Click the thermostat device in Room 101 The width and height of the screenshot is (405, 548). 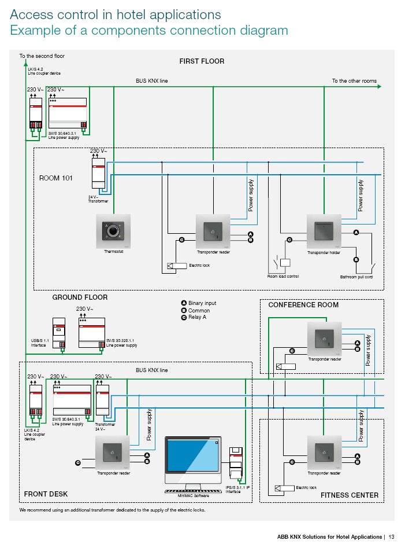tap(113, 231)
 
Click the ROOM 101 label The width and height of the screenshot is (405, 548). tap(56, 178)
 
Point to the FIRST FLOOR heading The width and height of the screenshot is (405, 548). tap(202, 61)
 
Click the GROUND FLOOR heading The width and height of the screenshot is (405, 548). tap(80, 297)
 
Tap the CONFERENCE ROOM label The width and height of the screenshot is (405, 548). tap(303, 305)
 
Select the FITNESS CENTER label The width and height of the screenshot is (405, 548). tap(350, 495)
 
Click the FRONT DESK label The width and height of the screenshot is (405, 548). tap(46, 494)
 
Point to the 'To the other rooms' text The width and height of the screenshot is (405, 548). tap(354, 81)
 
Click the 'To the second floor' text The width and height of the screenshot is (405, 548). tap(42, 56)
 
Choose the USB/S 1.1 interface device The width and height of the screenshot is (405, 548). tap(60, 333)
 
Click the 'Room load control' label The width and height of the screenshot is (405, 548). tap(283, 277)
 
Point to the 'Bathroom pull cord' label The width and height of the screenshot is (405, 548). tap(356, 277)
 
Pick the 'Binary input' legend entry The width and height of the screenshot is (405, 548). tap(202, 303)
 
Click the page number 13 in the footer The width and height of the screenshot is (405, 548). tap(391, 535)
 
